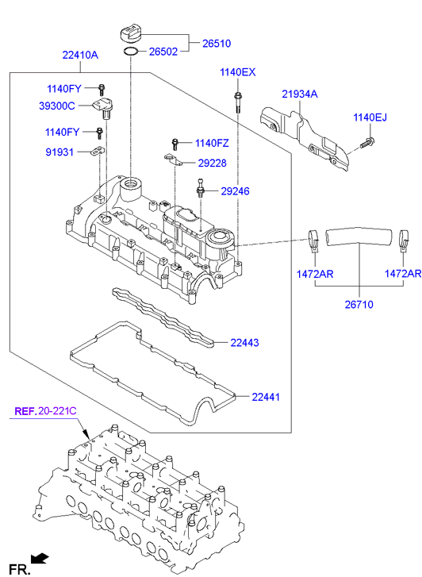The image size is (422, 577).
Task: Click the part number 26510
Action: coord(217,43)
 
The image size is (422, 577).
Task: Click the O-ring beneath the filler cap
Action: coord(132,53)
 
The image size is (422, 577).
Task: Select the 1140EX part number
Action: coord(238,73)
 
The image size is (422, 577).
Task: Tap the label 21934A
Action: coord(299,94)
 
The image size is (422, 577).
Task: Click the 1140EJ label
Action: coord(370,117)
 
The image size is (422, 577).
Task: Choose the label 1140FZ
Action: coord(212,143)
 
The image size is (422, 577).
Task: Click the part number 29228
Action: coord(213,163)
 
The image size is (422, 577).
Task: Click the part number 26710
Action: coord(358,303)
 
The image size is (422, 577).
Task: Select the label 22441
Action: coord(266,396)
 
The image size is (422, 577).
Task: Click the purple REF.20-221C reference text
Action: coord(45,411)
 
